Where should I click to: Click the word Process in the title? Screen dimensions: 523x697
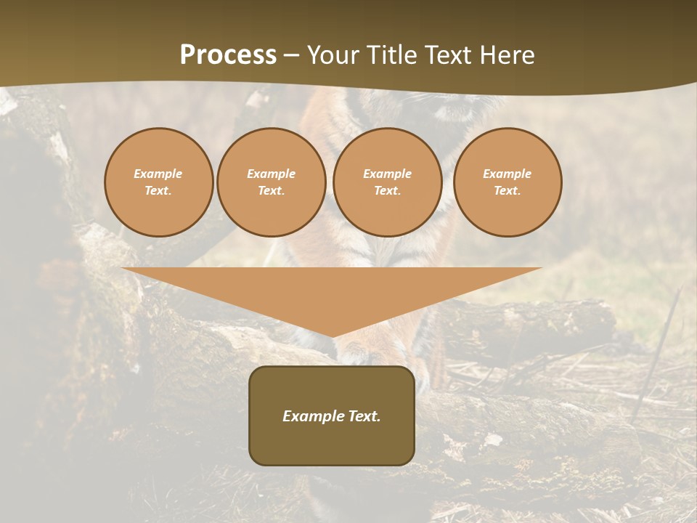coord(228,55)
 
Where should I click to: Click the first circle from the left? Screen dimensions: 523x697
coord(158,182)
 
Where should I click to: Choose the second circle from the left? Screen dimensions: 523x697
coord(271,182)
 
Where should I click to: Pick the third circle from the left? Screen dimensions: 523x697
coord(387,182)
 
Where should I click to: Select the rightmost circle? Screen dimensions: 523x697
coord(508,182)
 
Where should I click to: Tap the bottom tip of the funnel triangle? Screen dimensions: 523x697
coord(333,336)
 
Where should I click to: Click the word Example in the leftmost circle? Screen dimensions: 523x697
coord(158,174)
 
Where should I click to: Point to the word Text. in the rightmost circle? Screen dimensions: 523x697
coord(508,191)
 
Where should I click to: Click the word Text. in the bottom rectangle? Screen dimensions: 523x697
coord(364,416)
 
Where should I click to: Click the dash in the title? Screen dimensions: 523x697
coord(292,55)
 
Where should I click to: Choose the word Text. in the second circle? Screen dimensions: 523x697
coord(271,191)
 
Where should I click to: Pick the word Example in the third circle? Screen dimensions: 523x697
coord(387,174)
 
